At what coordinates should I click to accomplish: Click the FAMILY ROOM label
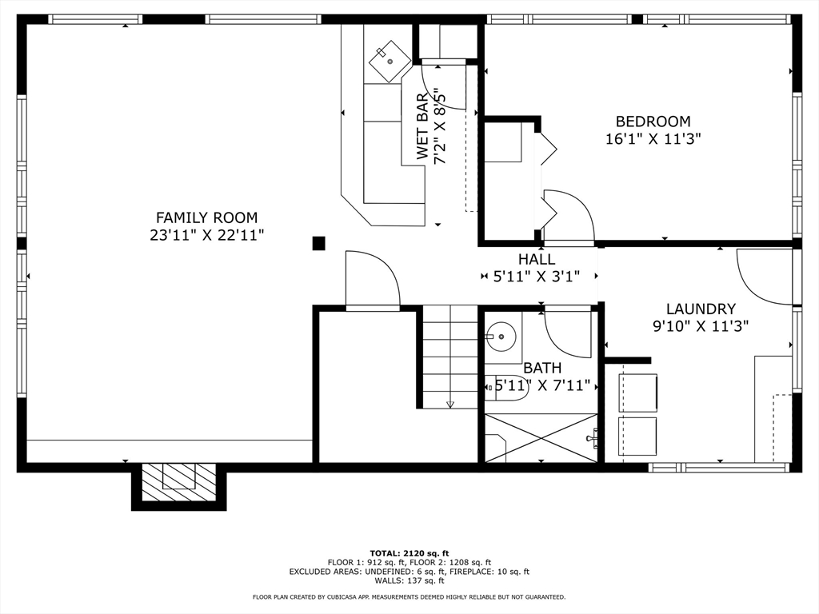point(207,217)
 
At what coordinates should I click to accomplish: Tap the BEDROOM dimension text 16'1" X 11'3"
point(653,139)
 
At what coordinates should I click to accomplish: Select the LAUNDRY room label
point(701,309)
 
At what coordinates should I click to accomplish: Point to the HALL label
point(537,259)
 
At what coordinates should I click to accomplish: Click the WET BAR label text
point(422,126)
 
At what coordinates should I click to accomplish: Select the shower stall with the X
point(541,438)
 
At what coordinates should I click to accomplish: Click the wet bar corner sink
point(390,61)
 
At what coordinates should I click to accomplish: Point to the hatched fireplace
point(178,482)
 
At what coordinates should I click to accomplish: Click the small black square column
point(318,243)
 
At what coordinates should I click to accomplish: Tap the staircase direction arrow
point(450,404)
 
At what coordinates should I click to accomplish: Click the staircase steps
point(449,357)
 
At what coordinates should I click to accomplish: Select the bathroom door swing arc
point(569,335)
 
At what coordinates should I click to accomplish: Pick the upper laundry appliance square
point(637,393)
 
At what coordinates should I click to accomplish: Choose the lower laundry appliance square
point(637,436)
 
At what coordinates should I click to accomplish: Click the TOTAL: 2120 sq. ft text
point(409,553)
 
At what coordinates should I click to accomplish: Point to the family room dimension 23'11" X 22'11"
point(207,235)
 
